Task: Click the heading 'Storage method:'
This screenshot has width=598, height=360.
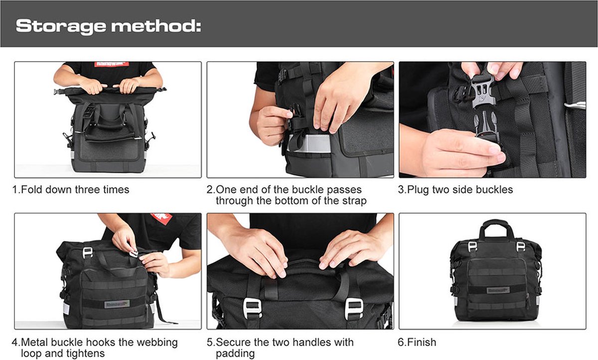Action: (108, 26)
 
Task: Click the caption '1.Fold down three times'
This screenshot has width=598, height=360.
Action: (71, 190)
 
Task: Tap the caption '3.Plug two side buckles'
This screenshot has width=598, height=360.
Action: (455, 190)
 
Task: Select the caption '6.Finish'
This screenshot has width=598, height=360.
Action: (417, 342)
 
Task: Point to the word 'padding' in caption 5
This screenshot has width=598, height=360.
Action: (235, 354)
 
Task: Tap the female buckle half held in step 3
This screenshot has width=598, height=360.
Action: (481, 92)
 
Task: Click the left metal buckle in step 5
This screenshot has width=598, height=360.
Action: (252, 308)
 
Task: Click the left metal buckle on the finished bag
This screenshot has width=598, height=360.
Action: (472, 246)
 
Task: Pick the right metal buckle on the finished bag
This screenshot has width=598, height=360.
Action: (520, 246)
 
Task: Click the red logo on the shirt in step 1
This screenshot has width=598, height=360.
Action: (112, 64)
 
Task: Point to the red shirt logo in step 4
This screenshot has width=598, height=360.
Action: (161, 219)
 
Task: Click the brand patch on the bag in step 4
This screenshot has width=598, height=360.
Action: (117, 304)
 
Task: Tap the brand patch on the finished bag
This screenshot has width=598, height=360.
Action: (498, 290)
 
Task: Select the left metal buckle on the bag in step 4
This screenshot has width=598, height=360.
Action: (88, 252)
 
